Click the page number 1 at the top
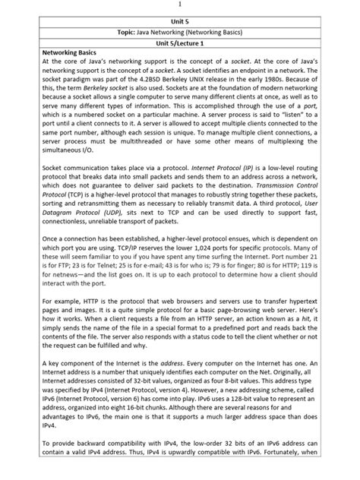tap(180, 5)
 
